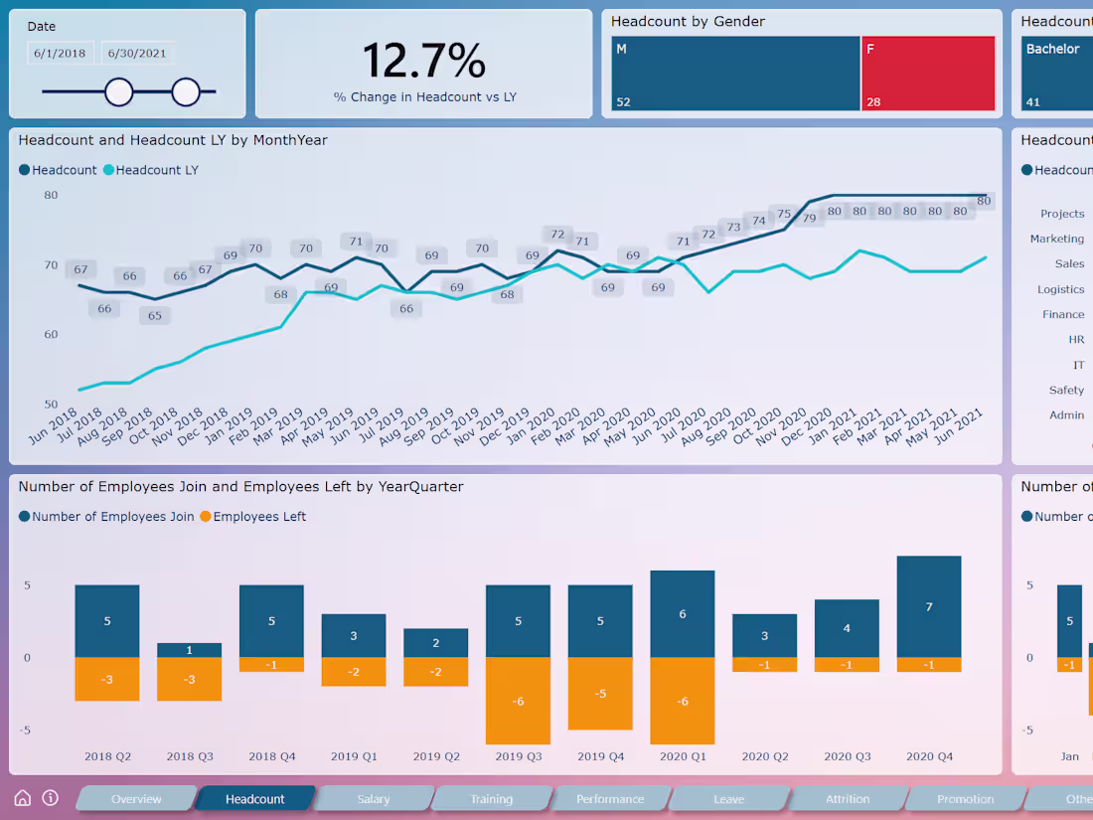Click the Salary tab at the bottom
tap(374, 799)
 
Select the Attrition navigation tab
tap(848, 799)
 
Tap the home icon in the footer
tap(23, 798)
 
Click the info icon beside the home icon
tap(51, 798)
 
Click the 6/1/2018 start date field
tap(60, 54)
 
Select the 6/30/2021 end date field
tap(137, 54)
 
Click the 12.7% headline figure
tap(424, 61)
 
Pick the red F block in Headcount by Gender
tap(928, 74)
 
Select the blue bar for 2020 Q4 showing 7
tap(929, 606)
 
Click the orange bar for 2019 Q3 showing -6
tap(518, 700)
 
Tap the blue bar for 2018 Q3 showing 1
tap(189, 650)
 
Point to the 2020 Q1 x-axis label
tap(683, 756)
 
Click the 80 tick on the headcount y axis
tap(51, 195)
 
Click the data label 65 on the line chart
tap(155, 316)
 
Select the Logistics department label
tap(1060, 289)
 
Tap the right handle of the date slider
tap(186, 92)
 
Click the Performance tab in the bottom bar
tap(610, 799)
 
